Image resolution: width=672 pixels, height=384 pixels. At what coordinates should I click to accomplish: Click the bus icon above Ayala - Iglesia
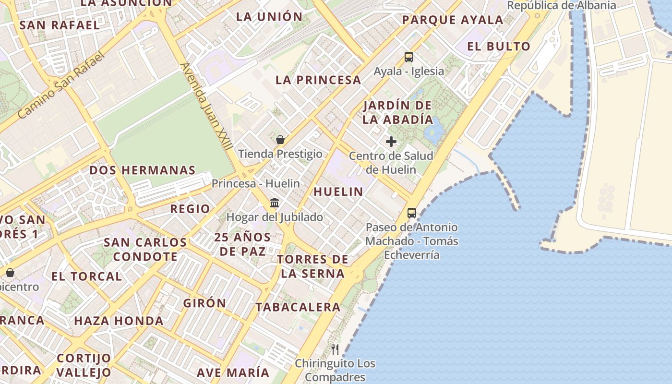[408, 57]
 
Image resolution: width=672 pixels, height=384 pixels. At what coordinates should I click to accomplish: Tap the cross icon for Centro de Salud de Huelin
[391, 142]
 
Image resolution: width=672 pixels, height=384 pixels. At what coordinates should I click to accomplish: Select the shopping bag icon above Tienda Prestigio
[280, 140]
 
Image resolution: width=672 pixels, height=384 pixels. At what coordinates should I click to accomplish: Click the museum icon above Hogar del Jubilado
[275, 203]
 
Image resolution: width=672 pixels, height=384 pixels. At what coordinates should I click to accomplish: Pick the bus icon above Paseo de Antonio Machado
[411, 213]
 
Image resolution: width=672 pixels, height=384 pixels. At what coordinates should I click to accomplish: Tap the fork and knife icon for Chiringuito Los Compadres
[335, 349]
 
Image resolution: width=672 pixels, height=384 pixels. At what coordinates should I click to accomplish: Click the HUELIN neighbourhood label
[338, 192]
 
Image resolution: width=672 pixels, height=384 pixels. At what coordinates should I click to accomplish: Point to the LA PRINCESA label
[318, 80]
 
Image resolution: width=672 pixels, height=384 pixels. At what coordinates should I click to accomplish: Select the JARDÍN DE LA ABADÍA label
[397, 112]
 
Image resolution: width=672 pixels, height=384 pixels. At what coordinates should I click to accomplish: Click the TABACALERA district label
[298, 307]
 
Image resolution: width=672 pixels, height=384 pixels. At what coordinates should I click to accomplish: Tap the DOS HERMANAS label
[143, 170]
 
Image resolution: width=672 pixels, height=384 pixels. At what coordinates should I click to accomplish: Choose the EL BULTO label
[499, 47]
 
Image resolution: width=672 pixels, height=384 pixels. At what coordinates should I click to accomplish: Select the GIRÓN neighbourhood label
[204, 303]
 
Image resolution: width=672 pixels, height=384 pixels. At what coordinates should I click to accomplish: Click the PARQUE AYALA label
[453, 20]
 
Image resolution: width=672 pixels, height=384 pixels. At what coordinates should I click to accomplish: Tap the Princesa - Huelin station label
[256, 183]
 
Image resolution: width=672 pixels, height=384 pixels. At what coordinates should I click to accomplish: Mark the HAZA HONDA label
[119, 321]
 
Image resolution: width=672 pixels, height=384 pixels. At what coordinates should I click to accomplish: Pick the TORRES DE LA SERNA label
[312, 266]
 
